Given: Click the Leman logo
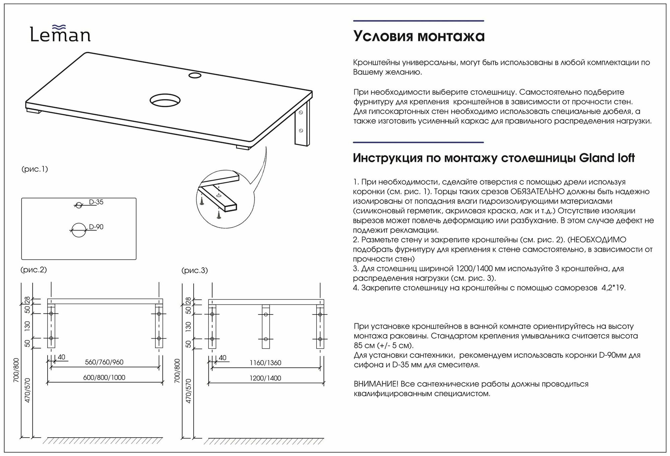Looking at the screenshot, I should [x=60, y=34].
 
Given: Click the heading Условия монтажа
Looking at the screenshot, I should [x=419, y=36].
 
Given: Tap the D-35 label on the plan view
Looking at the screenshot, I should [x=96, y=202].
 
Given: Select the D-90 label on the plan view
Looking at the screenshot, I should [x=96, y=227].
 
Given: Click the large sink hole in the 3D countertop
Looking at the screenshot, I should [x=165, y=100].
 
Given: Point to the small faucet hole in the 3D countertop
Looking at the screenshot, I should [x=195, y=75].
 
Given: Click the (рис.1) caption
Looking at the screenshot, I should [x=35, y=169].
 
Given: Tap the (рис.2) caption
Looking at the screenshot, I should [x=33, y=270].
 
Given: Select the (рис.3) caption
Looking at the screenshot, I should [x=195, y=270].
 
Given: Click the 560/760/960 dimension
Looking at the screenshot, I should [x=104, y=362].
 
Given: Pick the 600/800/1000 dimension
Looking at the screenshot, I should [x=104, y=377].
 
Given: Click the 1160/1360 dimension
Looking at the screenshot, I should [x=265, y=363].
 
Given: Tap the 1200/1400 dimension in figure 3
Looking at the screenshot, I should [x=265, y=378].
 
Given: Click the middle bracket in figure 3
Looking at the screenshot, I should [x=266, y=327].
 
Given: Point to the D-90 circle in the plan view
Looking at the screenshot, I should [x=79, y=230].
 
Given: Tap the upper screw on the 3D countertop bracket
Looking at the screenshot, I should [x=301, y=113].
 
